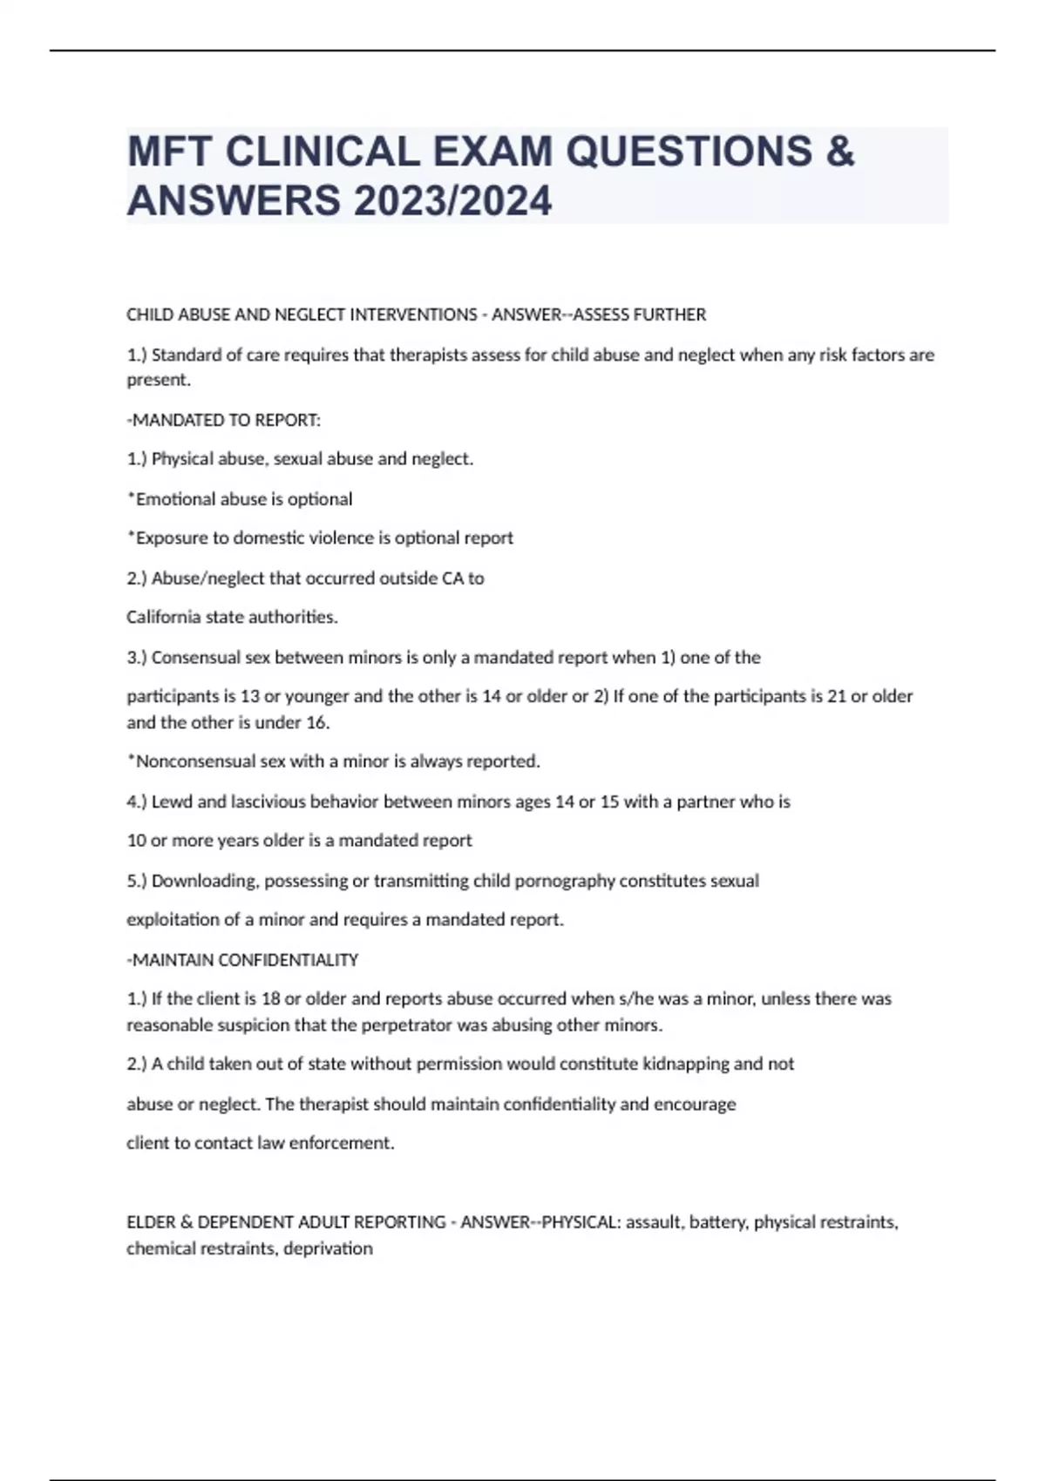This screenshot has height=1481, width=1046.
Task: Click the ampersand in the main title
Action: (840, 152)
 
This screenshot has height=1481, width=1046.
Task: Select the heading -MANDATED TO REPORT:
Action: (224, 420)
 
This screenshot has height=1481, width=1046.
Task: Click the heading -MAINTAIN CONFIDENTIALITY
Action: (242, 959)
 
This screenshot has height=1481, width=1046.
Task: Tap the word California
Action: (164, 617)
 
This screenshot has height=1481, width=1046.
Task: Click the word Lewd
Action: (173, 801)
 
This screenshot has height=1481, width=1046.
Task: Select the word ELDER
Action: (151, 1222)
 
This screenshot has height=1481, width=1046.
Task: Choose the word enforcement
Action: (341, 1143)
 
